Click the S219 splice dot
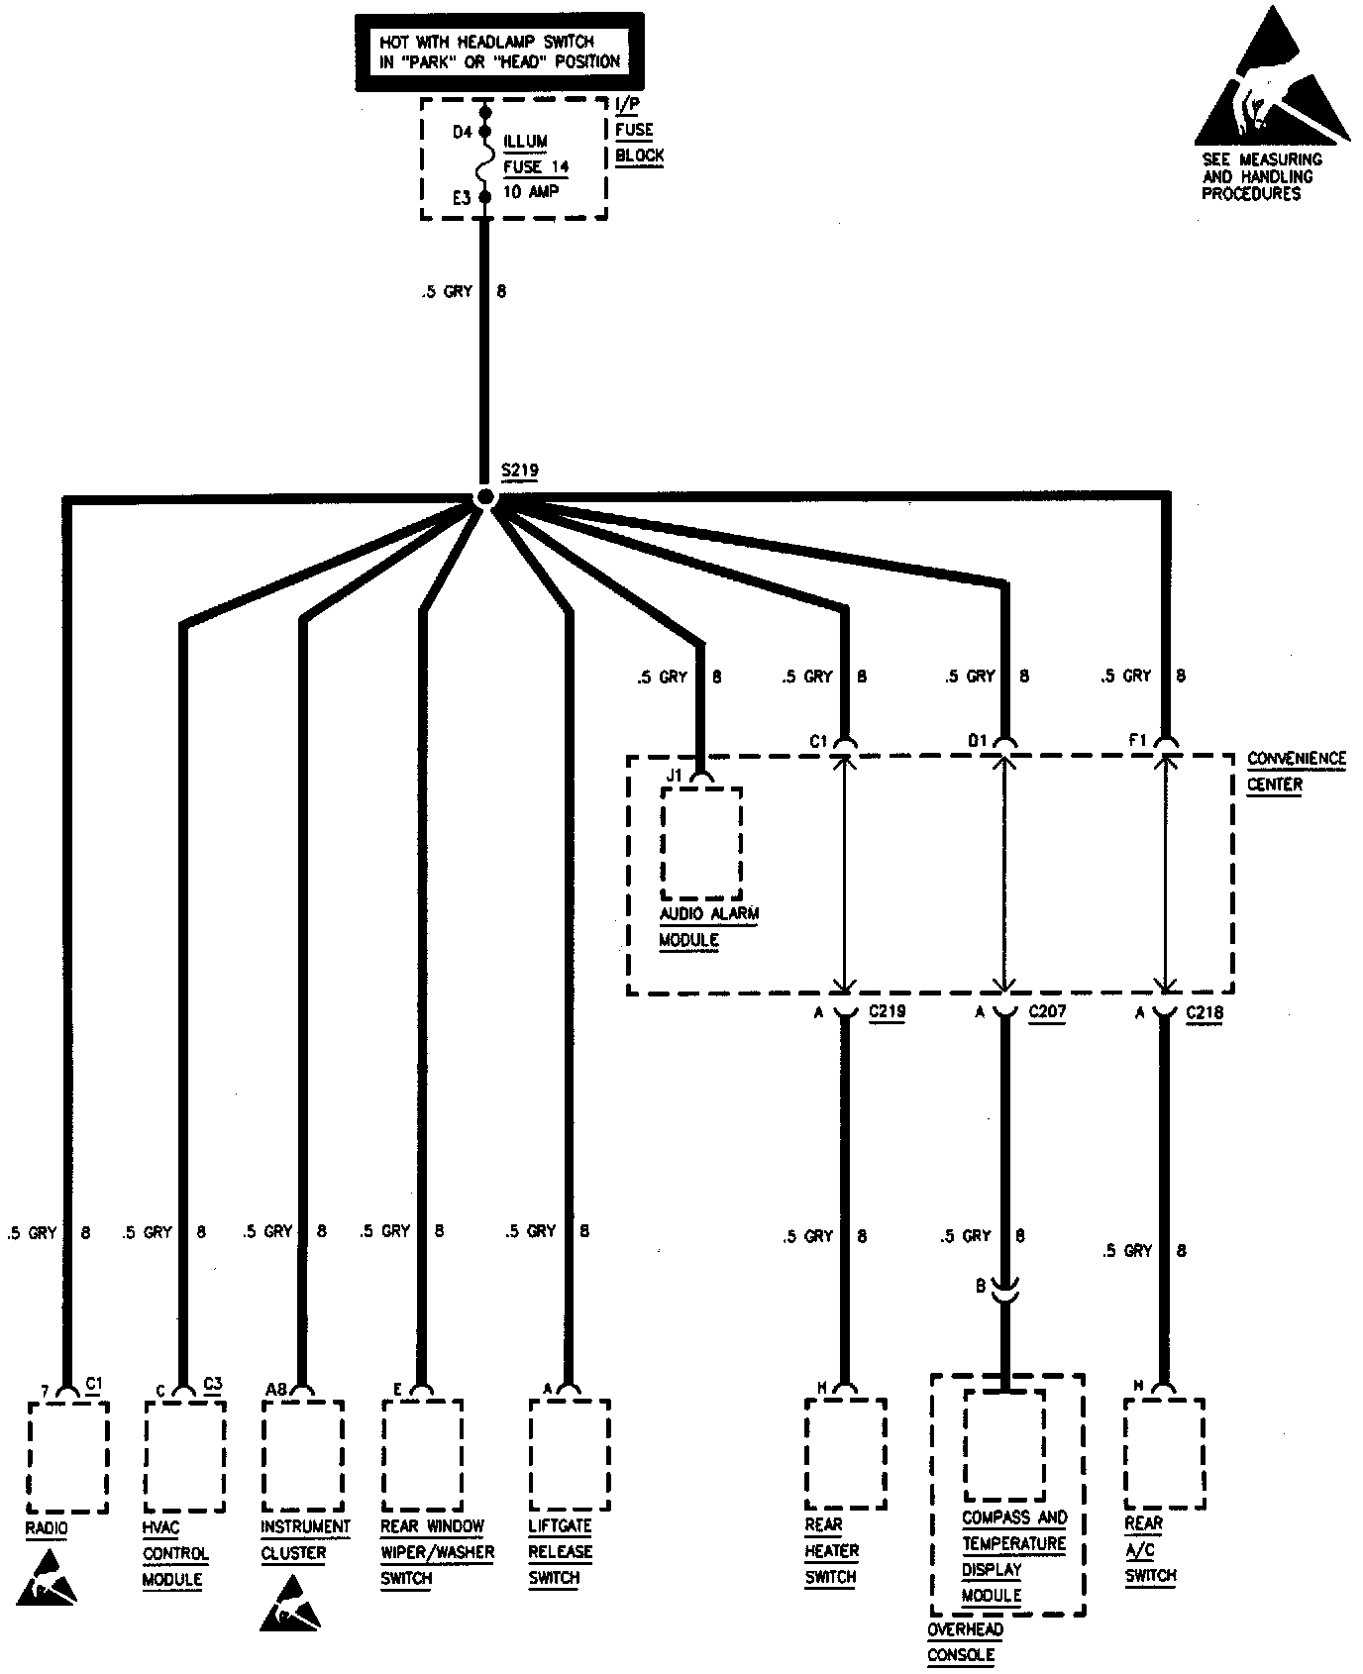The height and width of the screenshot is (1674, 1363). [x=484, y=497]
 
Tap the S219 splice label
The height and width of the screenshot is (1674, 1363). [x=519, y=471]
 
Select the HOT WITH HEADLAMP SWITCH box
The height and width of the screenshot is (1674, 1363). [x=499, y=52]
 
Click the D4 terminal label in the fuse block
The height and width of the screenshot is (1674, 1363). [x=462, y=132]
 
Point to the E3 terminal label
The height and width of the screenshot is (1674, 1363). [x=462, y=198]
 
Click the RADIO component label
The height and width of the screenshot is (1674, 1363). [x=47, y=1528]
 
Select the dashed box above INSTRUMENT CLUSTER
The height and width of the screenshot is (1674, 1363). [x=303, y=1455]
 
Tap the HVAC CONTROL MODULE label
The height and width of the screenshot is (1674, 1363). [x=175, y=1553]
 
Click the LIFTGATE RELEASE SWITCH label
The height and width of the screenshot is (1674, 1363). [x=560, y=1552]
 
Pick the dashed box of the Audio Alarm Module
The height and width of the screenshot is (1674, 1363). [x=701, y=843]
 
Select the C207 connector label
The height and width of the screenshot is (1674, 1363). [x=1047, y=1012]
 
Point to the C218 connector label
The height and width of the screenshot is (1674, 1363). [x=1204, y=1012]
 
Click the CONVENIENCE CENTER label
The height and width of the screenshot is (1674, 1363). [x=1296, y=771]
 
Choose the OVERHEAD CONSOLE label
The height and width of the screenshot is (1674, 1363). [x=965, y=1642]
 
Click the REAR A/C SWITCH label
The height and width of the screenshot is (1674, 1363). [x=1149, y=1549]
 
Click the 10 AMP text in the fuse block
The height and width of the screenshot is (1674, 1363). [x=530, y=192]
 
